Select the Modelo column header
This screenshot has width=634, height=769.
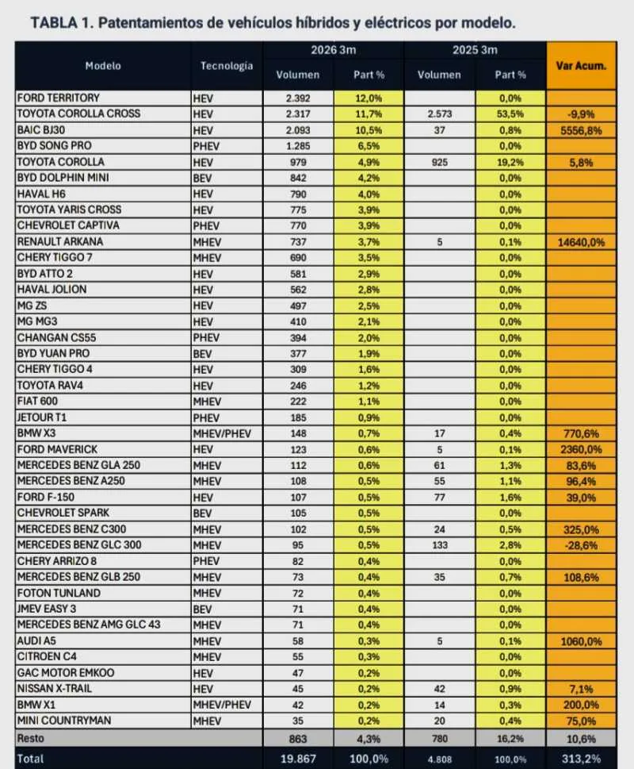[x=103, y=66]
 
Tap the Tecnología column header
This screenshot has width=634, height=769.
[x=227, y=66]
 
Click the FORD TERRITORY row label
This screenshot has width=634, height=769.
[x=59, y=98]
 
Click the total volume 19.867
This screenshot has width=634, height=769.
[x=297, y=758]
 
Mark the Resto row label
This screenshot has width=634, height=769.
[x=32, y=738]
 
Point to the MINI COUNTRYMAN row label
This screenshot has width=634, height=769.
[x=63, y=721]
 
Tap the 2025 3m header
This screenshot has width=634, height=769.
[x=475, y=51]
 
